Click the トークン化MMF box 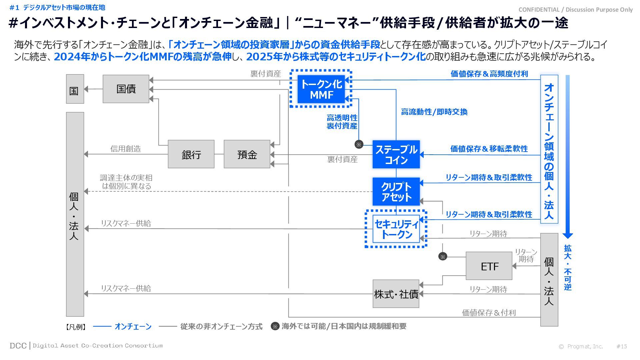pos(321,89)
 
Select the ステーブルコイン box pos(396,154)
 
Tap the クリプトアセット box pos(396,192)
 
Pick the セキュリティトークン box pos(396,229)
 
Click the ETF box pos(489,266)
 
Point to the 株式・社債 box pos(396,294)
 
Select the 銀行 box pos(191,154)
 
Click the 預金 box pos(247,154)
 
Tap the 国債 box pos(126,89)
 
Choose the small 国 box pos(75,89)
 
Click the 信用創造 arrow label pos(126,149)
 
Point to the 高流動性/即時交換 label pos(434,112)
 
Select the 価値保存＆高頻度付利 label pos(489,74)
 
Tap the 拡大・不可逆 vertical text pos(568,267)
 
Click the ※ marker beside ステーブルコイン pos(359,144)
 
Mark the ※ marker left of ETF pos(443,257)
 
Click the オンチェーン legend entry pos(133,327)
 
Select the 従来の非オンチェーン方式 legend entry pos(221,327)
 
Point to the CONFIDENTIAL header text pos(575,10)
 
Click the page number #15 pos(622,346)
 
